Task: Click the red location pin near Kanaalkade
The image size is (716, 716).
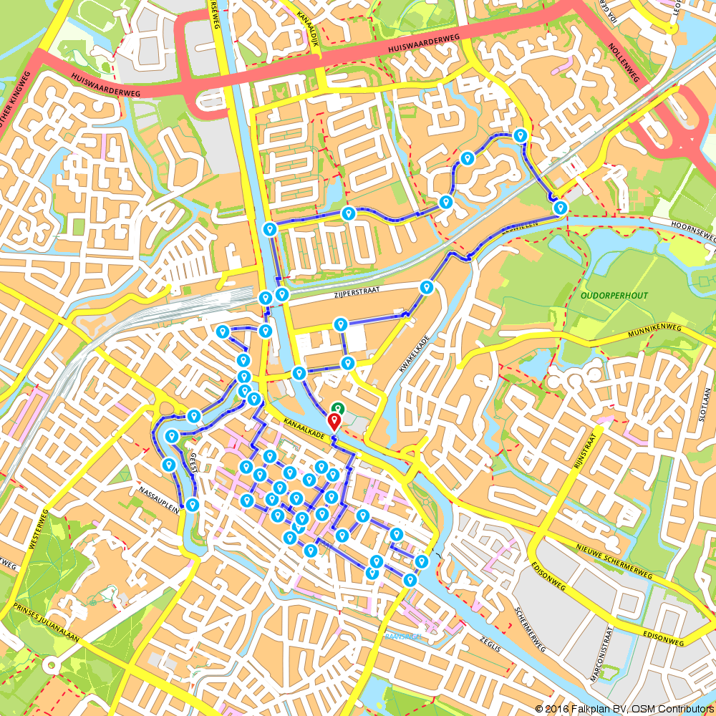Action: tap(334, 421)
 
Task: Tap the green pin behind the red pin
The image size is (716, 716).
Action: tap(338, 410)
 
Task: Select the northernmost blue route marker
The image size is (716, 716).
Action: tap(521, 135)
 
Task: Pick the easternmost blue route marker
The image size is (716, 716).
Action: tap(561, 208)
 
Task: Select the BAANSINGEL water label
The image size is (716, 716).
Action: tap(404, 636)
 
